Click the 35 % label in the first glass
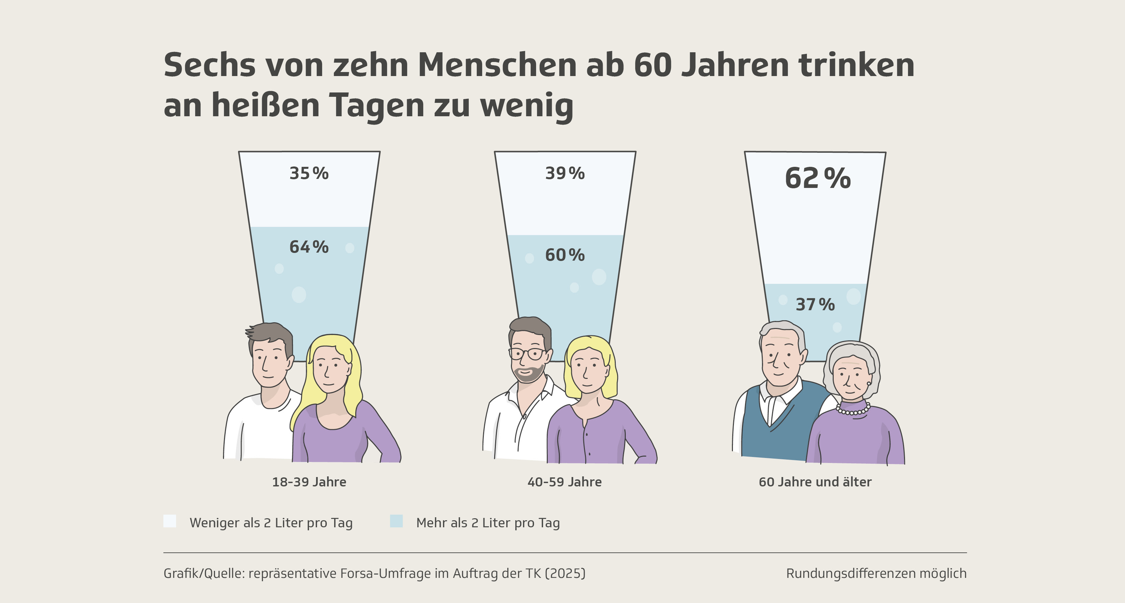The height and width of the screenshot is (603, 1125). click(309, 174)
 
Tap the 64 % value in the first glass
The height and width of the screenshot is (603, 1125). click(309, 247)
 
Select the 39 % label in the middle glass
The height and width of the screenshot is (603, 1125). click(565, 174)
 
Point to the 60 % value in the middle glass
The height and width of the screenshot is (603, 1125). click(565, 255)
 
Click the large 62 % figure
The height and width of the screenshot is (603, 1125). click(818, 179)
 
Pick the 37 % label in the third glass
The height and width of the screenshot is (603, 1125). click(815, 305)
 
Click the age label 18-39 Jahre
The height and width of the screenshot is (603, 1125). click(309, 482)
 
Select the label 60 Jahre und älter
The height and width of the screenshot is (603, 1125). click(815, 482)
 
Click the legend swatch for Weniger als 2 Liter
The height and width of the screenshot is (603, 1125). click(170, 521)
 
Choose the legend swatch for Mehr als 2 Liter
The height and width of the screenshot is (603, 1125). click(396, 521)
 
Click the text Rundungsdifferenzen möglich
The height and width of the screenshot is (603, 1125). click(876, 573)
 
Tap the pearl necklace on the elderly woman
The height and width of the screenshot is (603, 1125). click(853, 410)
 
